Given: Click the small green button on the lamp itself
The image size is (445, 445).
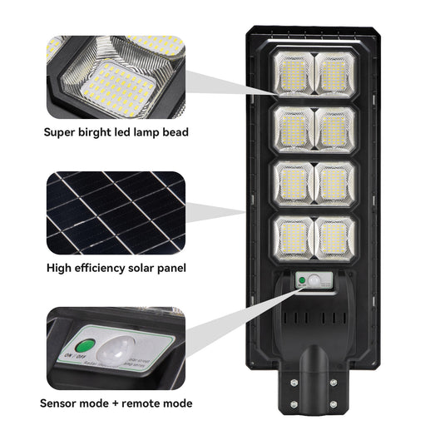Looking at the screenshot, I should pos(300,283).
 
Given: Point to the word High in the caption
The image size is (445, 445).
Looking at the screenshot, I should pos(58,268).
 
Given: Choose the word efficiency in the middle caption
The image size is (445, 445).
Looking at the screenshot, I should pos(102,268).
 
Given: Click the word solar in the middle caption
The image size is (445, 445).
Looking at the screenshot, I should pos(148,268).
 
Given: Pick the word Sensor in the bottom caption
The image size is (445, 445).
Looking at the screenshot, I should pos(62,403).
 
